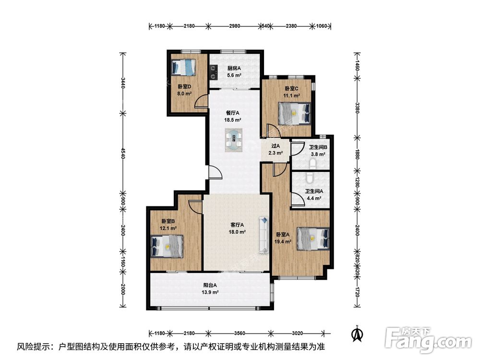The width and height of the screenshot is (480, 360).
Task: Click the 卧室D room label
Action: pos(184,86)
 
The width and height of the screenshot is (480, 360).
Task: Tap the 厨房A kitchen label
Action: pos(234,68)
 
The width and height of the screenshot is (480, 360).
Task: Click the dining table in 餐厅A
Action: pos(234,140)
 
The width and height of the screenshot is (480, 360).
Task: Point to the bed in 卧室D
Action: pos(183,67)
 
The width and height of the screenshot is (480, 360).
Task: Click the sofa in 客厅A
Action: pos(264,235)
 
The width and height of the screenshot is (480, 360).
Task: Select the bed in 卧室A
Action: pos(313,239)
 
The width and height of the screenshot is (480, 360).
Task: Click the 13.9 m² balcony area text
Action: pos(210,292)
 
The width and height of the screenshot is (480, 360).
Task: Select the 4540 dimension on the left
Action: pos(123,153)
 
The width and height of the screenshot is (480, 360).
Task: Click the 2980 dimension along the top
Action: pos(235,26)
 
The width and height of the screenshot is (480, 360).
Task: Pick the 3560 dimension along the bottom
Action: pos(239,333)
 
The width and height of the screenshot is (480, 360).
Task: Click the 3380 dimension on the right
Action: pos(357,108)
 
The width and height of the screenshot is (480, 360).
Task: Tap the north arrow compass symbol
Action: pos(357,334)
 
